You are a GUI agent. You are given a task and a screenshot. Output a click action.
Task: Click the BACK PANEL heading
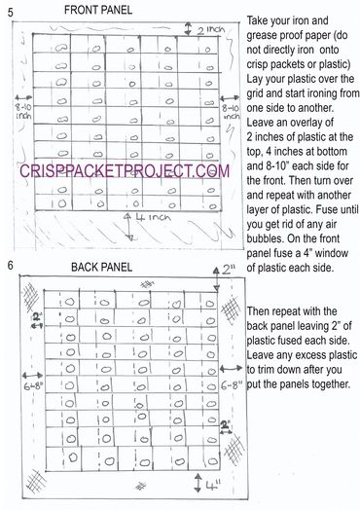point(104,266)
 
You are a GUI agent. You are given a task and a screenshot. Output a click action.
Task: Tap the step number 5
point(8,14)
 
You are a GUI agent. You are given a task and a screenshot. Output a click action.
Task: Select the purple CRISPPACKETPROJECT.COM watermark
point(125,170)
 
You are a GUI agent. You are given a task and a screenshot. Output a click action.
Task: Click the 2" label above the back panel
point(229,269)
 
